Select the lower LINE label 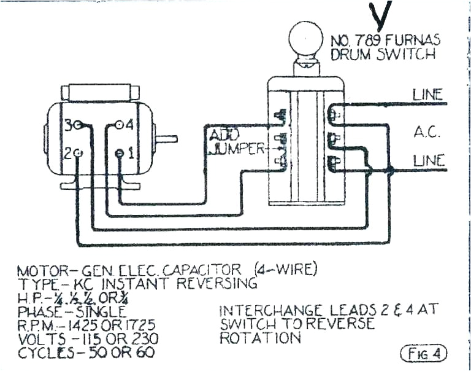pyautogui.click(x=429, y=160)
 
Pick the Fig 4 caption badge pyautogui.click(x=423, y=354)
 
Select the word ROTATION pyautogui.click(x=260, y=338)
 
